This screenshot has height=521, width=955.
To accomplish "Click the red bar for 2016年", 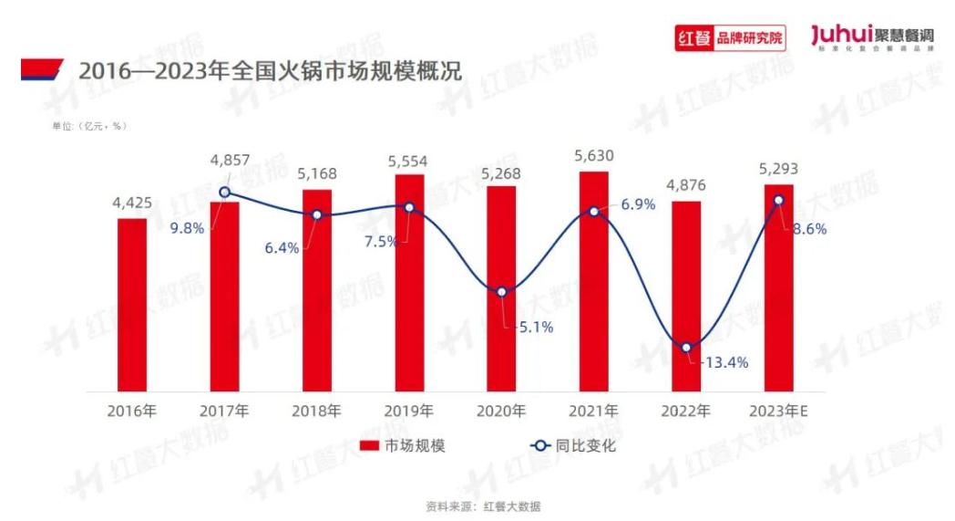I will click(x=132, y=305).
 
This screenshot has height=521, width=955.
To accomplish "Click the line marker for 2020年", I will click(x=502, y=292).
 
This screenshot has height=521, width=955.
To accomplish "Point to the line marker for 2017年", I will click(x=225, y=193).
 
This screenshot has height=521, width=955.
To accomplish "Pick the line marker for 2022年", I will click(x=686, y=347).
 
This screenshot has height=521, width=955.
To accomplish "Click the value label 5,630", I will click(x=593, y=156).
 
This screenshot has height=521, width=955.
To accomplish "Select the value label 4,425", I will click(x=132, y=203).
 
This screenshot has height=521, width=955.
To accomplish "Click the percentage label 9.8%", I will click(x=188, y=228).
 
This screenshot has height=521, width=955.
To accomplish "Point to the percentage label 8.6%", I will click(x=809, y=230).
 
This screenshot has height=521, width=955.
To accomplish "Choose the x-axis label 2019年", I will click(x=409, y=412).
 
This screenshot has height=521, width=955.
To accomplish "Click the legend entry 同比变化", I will click(x=574, y=446).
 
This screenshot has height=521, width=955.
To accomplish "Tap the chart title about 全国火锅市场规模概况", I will click(x=270, y=70).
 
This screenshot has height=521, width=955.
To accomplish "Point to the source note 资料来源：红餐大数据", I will click(x=477, y=505).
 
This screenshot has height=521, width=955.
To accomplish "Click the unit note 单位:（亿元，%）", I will click(x=89, y=126).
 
